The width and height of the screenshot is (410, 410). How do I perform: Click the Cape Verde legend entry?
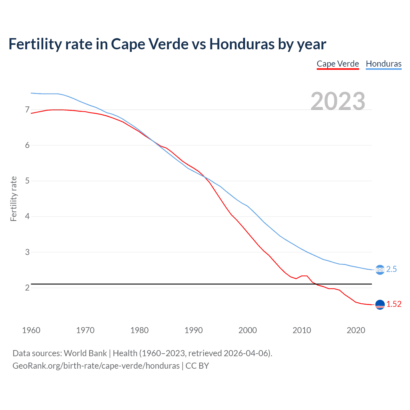click(x=338, y=64)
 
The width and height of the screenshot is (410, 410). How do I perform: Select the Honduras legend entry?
click(x=383, y=64)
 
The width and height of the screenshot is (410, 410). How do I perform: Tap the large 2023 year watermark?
click(x=338, y=101)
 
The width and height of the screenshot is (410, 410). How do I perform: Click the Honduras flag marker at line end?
click(x=380, y=270)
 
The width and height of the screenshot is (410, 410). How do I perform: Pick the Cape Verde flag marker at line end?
click(x=380, y=305)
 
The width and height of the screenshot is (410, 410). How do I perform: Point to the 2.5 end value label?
click(x=391, y=269)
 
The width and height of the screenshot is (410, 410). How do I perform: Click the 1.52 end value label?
click(x=394, y=304)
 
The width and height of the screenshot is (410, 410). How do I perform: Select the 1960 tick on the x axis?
click(x=31, y=330)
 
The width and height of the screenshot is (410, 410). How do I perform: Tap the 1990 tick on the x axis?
click(x=193, y=330)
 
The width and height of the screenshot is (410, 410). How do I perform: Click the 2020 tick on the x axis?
click(x=356, y=330)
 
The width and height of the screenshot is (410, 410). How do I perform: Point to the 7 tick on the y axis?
click(x=27, y=110)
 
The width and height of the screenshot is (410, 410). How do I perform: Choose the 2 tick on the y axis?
click(x=27, y=288)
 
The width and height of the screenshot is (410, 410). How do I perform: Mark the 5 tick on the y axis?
click(x=27, y=181)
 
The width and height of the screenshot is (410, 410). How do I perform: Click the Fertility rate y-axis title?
click(x=13, y=199)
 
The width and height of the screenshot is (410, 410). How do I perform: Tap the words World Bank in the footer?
click(x=85, y=353)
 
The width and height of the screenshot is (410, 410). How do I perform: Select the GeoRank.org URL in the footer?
click(x=96, y=366)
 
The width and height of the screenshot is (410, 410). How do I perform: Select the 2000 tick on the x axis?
click(x=248, y=330)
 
